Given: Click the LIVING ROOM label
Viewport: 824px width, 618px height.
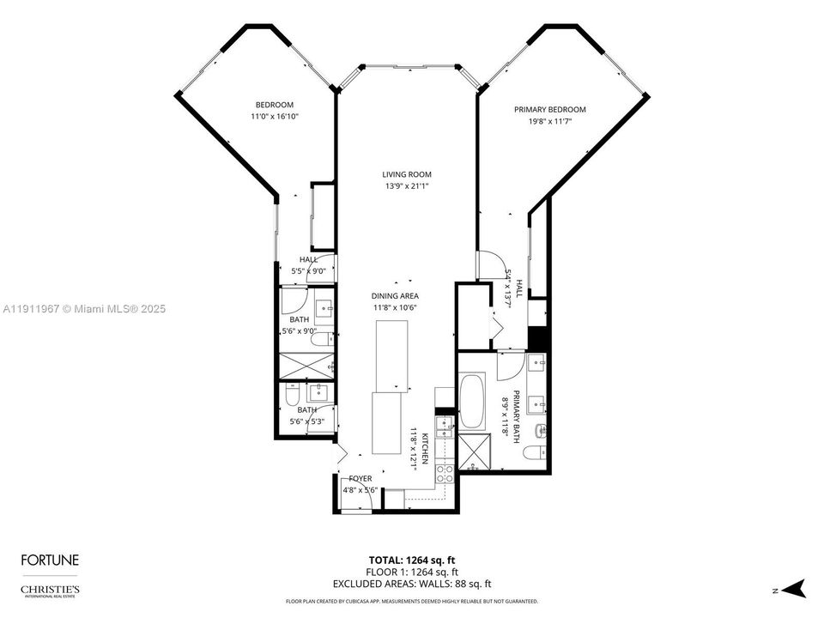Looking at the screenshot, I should coord(407,174).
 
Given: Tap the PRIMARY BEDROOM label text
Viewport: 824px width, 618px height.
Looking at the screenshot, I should coord(549,109).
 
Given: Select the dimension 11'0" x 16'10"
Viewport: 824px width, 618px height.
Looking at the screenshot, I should coord(274,116).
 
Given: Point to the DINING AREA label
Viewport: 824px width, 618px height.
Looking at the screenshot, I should coord(394,295).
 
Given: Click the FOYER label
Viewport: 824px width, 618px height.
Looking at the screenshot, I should coord(360,478).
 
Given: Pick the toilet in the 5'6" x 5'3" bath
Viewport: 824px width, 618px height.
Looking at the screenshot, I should coord(292,397).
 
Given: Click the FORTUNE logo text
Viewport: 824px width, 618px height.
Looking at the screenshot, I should coord(50,560).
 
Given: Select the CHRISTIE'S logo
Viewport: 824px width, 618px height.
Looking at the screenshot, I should coord(50,591).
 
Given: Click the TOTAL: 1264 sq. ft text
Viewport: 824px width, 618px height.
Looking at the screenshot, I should coord(412,560).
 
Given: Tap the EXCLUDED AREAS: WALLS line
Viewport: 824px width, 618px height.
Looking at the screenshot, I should coord(412,584).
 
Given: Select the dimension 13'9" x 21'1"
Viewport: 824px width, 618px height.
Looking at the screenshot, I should coord(407,185).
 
